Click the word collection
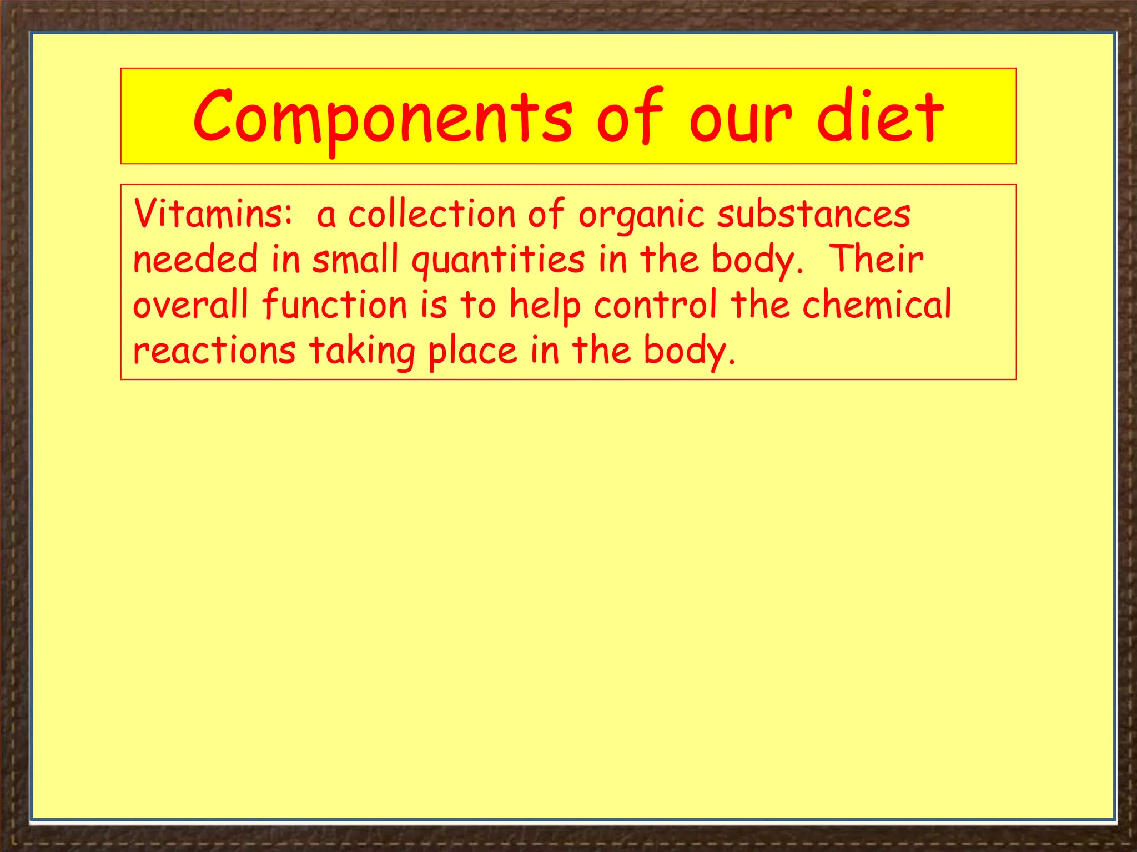pos(432,214)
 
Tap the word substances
pos(813,214)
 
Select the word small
pos(355,260)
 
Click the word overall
pos(190,305)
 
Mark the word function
pos(335,305)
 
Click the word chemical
pos(877,305)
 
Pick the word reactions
pos(214,351)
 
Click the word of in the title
pos(629,116)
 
